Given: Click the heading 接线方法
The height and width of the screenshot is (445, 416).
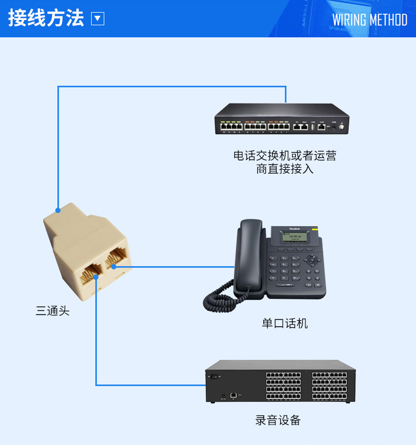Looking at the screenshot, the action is [x=46, y=19].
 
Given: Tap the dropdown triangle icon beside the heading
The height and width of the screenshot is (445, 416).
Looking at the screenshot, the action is [x=98, y=19].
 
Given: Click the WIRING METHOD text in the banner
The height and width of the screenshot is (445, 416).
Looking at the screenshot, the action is [x=370, y=20].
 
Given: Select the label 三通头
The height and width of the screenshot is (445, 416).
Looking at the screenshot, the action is [x=52, y=311].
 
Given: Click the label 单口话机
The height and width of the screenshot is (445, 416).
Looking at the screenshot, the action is [x=284, y=323].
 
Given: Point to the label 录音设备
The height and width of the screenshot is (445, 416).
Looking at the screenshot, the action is [x=278, y=420].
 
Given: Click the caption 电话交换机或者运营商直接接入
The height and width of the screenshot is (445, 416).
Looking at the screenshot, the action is [x=284, y=162].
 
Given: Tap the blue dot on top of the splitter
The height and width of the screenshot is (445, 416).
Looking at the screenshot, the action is [x=58, y=210].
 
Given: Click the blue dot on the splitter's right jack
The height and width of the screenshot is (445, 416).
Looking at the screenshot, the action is [x=113, y=267].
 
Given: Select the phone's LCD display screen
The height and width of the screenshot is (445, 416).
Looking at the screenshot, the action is [x=295, y=237].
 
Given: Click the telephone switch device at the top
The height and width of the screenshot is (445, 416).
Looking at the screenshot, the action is [x=282, y=119].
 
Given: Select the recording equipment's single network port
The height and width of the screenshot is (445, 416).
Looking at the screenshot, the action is [x=234, y=395].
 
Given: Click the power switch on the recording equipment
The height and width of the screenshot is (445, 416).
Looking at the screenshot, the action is [x=214, y=376].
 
